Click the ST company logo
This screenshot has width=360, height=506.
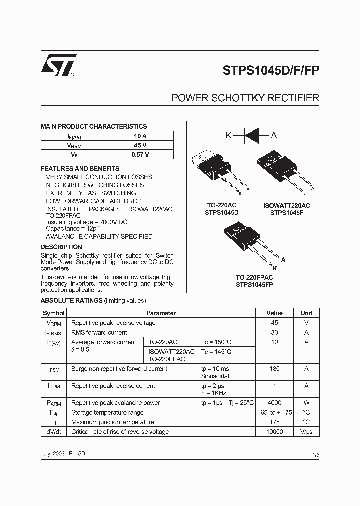tap(58, 65)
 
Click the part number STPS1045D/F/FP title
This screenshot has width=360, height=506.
tap(270, 70)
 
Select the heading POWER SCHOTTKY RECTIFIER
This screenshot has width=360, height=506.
tap(245, 98)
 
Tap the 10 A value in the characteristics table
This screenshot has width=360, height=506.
tap(140, 136)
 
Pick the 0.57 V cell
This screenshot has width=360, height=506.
tap(140, 155)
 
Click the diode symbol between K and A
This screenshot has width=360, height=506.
tap(251, 135)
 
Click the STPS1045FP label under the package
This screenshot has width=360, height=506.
tap(254, 284)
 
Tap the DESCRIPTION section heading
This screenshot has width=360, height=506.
tap(61, 247)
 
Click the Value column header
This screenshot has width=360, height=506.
tap(274, 313)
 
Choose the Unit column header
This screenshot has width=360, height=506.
tap(306, 313)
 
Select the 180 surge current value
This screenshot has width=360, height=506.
tap(274, 369)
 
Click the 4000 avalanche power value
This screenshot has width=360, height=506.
tap(274, 403)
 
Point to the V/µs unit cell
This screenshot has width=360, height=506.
tap(306, 432)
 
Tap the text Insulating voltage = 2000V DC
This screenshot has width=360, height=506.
tap(86, 221)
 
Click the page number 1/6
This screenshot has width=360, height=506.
tap(316, 455)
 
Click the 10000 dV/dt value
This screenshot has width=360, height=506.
tap(274, 432)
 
